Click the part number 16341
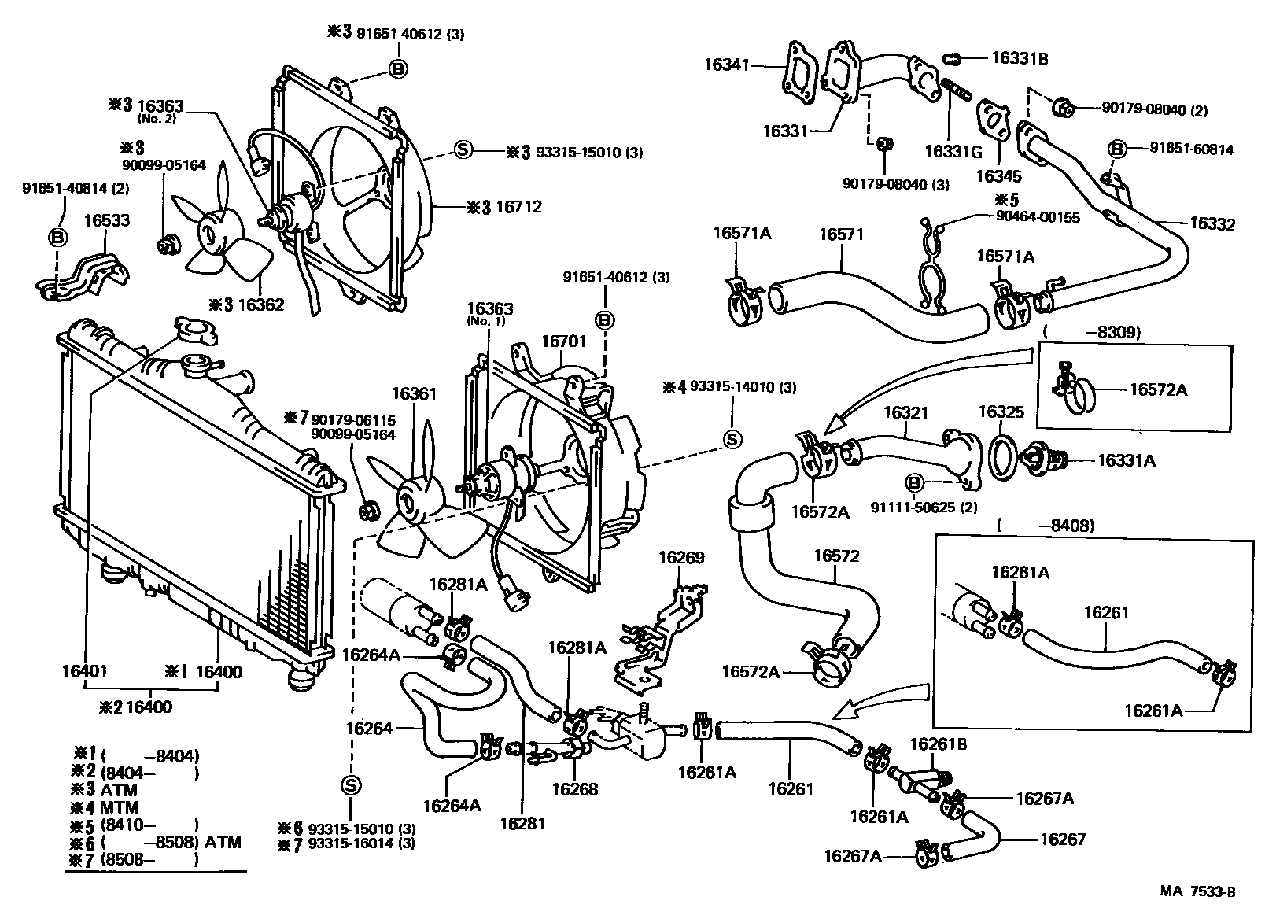pyautogui.click(x=726, y=65)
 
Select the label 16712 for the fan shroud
pyautogui.click(x=518, y=207)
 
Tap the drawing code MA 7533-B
pyautogui.click(x=1198, y=891)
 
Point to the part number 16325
pyautogui.click(x=1001, y=412)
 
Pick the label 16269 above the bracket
pyautogui.click(x=681, y=557)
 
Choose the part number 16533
pyautogui.click(x=107, y=220)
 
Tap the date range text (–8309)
pyautogui.click(x=1092, y=332)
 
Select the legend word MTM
pyautogui.click(x=119, y=807)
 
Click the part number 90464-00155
pyautogui.click(x=1038, y=217)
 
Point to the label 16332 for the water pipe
pyautogui.click(x=1212, y=224)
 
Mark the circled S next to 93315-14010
pyautogui.click(x=732, y=439)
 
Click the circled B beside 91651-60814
pyautogui.click(x=1116, y=149)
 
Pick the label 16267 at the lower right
pyautogui.click(x=1063, y=839)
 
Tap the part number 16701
pyautogui.click(x=563, y=341)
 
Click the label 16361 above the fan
pyautogui.click(x=414, y=393)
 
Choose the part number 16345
pyautogui.click(x=999, y=176)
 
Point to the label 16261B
pyautogui.click(x=939, y=744)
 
